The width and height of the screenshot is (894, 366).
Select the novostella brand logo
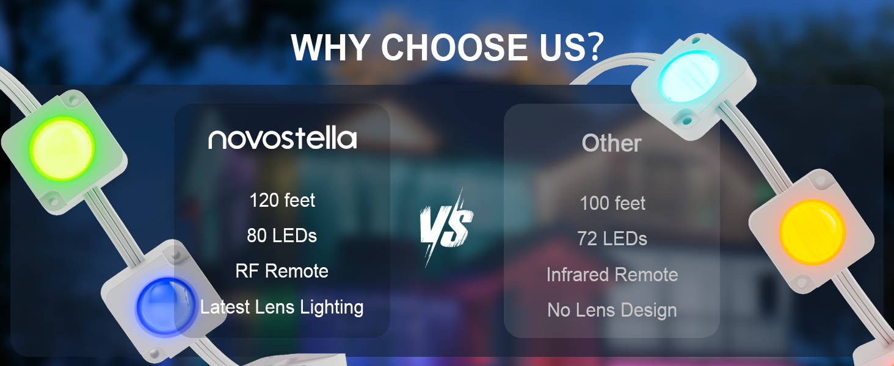[283, 138]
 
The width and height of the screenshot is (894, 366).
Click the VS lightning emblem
[446, 228]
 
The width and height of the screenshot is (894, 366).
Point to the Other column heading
[611, 143]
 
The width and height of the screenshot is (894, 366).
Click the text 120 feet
[282, 199]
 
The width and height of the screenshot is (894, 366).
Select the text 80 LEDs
[282, 235]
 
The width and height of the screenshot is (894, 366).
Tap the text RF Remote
[282, 271]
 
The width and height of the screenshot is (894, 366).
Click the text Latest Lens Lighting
[282, 307]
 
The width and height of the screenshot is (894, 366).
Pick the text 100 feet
[612, 203]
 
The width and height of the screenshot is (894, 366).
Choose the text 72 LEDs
[612, 239]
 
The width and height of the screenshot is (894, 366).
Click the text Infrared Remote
[612, 274]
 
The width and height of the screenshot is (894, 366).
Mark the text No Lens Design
[612, 310]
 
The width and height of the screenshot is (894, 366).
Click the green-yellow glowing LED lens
[62, 148]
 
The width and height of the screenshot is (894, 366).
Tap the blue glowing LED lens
[165, 307]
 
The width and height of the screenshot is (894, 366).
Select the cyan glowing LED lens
[689, 76]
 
